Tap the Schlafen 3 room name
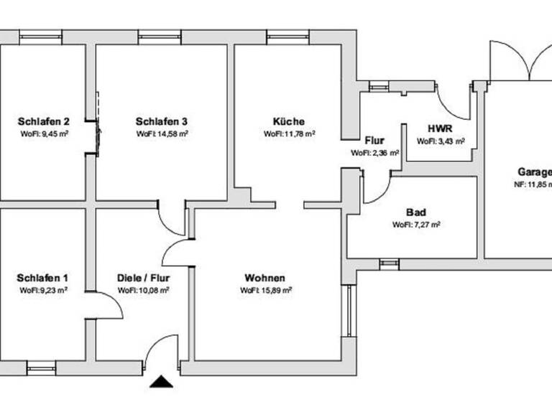pos(162,121)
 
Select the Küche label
pos(288,121)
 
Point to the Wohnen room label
pos(265,279)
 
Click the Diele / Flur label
pos(143,279)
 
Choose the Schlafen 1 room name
pos(43,279)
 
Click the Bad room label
pos(415,212)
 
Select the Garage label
pos(535,172)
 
